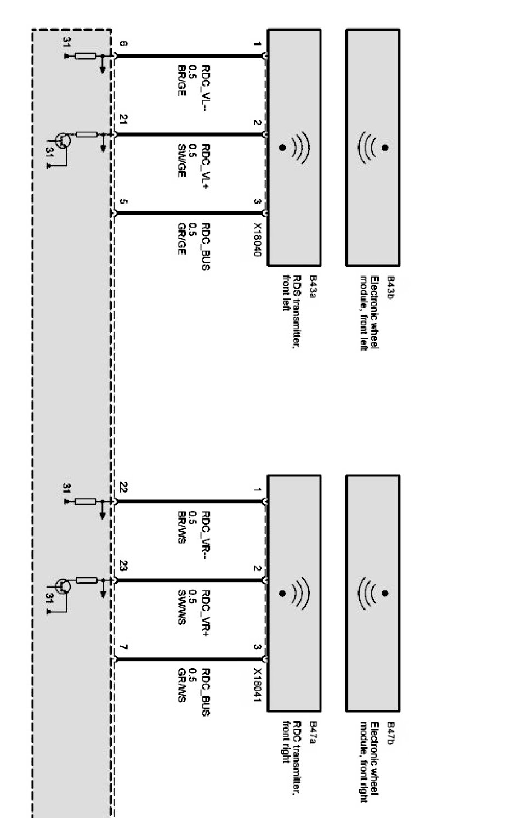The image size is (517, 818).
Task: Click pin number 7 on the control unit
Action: [x=123, y=647]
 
